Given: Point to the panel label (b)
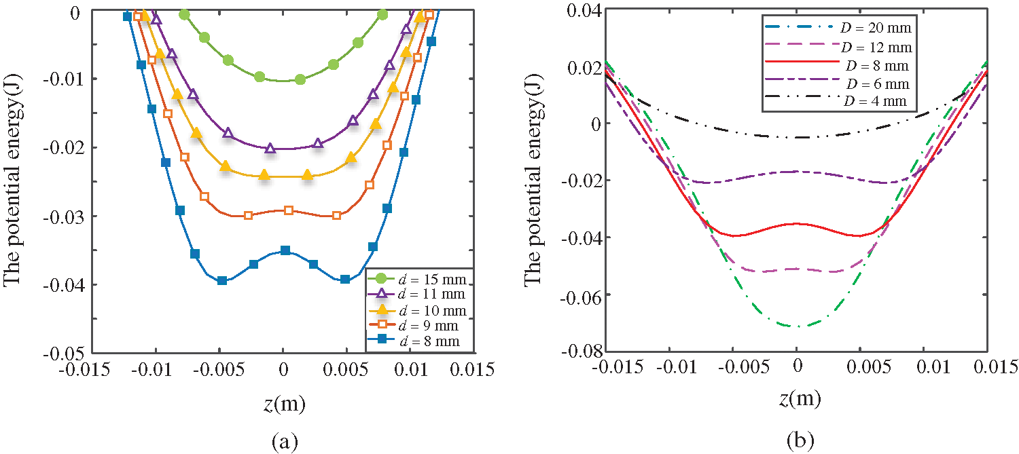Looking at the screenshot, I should pos(796,442).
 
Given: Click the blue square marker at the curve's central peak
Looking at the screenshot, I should pos(285,250).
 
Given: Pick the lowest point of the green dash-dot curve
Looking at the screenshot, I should pos(798,326).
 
